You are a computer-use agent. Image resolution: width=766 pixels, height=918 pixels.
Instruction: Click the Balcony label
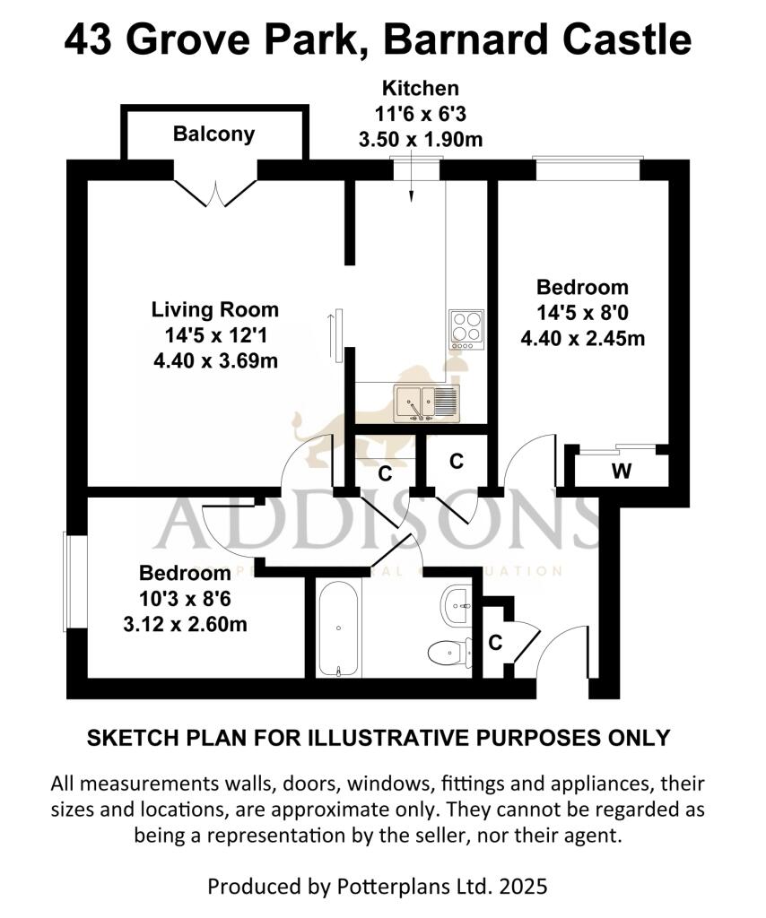213,134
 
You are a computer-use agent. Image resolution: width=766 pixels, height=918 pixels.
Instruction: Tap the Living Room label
214,310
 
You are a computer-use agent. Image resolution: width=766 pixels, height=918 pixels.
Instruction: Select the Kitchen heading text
421,89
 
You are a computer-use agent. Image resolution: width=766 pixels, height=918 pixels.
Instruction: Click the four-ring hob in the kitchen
466,328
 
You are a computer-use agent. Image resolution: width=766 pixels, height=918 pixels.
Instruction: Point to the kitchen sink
425,403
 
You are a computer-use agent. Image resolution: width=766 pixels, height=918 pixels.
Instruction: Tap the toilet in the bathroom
451,653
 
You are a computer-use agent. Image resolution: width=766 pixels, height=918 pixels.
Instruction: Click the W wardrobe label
620,471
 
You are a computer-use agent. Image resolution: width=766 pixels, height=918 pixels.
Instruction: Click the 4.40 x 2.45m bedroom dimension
583,338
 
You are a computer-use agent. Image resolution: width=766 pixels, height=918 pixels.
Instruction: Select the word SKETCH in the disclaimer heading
126,738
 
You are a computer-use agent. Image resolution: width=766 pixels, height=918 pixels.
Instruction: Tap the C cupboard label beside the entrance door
495,642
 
